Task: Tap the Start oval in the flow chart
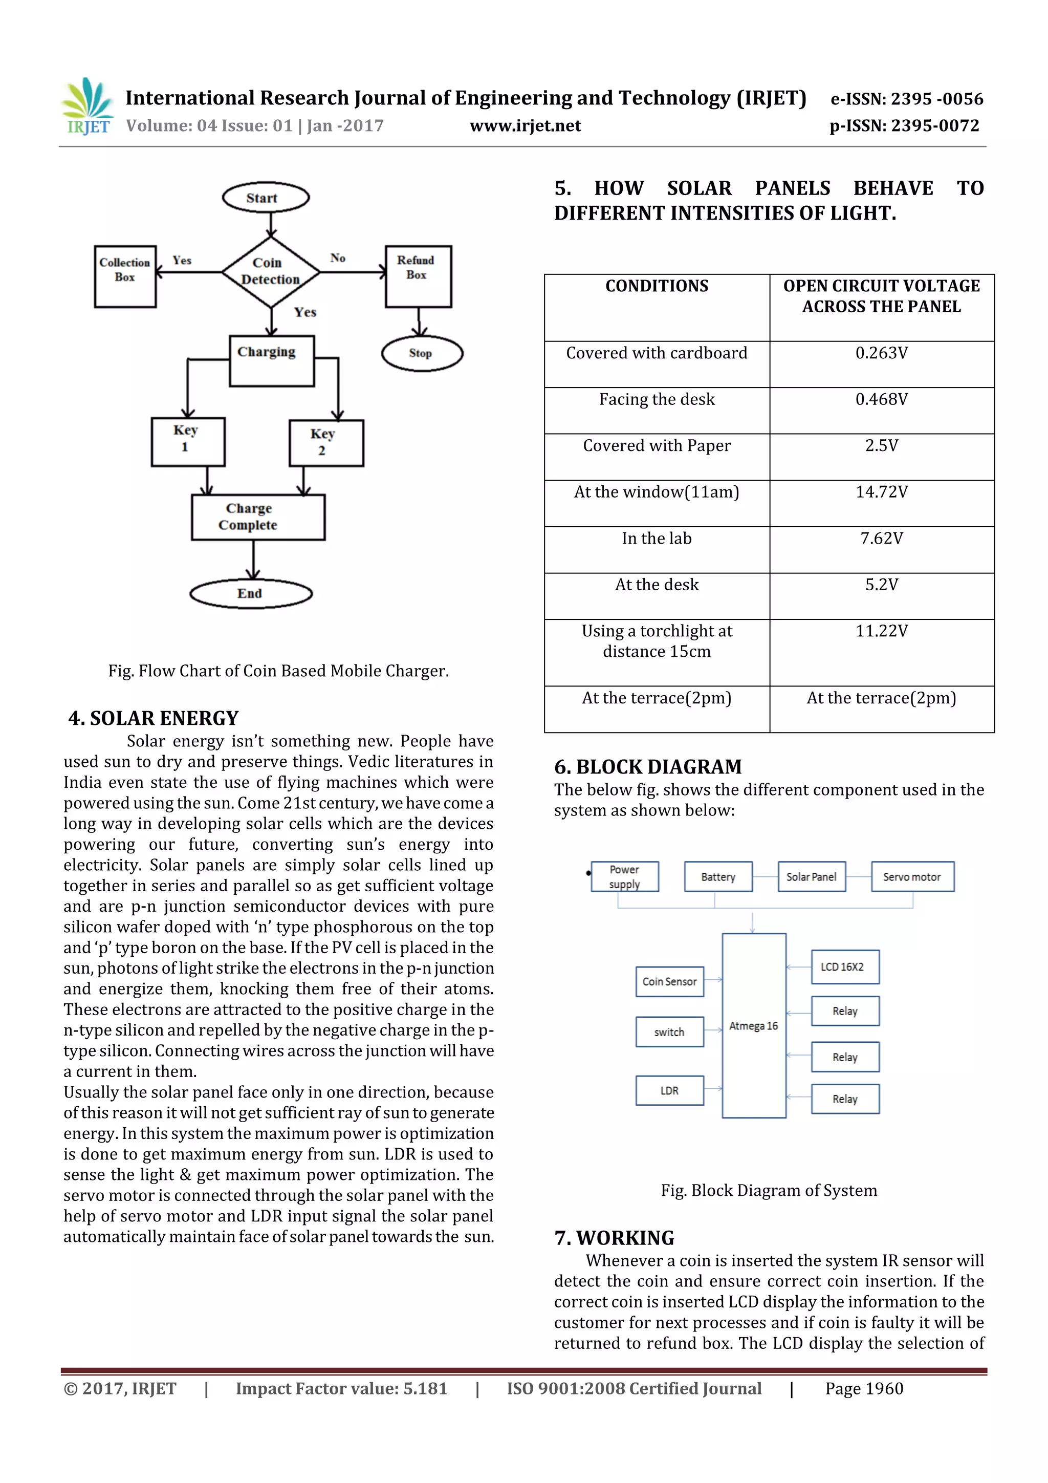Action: (266, 198)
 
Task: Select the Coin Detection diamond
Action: (271, 271)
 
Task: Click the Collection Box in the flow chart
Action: (125, 276)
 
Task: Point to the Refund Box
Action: (418, 276)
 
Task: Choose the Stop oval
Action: (422, 353)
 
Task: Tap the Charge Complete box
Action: (257, 517)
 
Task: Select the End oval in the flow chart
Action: (251, 594)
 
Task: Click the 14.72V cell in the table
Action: (881, 492)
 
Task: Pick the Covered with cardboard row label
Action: (657, 353)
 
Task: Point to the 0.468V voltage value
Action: (881, 400)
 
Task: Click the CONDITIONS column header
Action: (657, 286)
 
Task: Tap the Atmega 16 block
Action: (754, 1026)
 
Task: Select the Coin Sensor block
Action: (670, 982)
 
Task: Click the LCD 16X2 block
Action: (845, 967)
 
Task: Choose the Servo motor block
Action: (912, 877)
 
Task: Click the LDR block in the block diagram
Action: (670, 1091)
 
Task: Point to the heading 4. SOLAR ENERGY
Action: (154, 718)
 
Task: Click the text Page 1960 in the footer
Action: (864, 1389)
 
